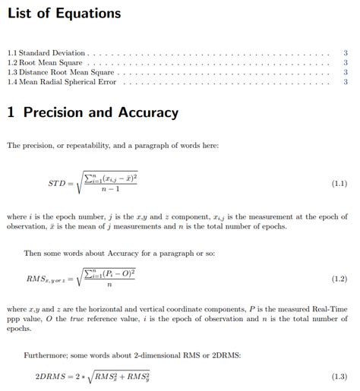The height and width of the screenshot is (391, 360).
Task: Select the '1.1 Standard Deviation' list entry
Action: [x=46, y=53]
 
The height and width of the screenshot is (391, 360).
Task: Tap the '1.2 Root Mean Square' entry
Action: [x=45, y=63]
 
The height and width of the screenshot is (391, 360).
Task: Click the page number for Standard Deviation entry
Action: [x=346, y=53]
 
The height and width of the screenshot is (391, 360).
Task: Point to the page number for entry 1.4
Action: [x=346, y=81]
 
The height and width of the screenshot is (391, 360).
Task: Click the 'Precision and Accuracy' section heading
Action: [x=93, y=112]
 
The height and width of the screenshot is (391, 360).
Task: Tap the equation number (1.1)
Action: [x=339, y=184]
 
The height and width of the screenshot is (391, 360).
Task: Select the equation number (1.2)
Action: [x=339, y=279]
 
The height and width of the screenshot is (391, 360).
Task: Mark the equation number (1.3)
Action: [x=339, y=377]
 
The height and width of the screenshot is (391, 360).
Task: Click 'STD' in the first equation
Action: [x=57, y=184]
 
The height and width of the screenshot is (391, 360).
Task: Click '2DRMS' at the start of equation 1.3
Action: [x=50, y=377]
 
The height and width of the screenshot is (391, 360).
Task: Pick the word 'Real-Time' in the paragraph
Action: [x=331, y=310]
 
